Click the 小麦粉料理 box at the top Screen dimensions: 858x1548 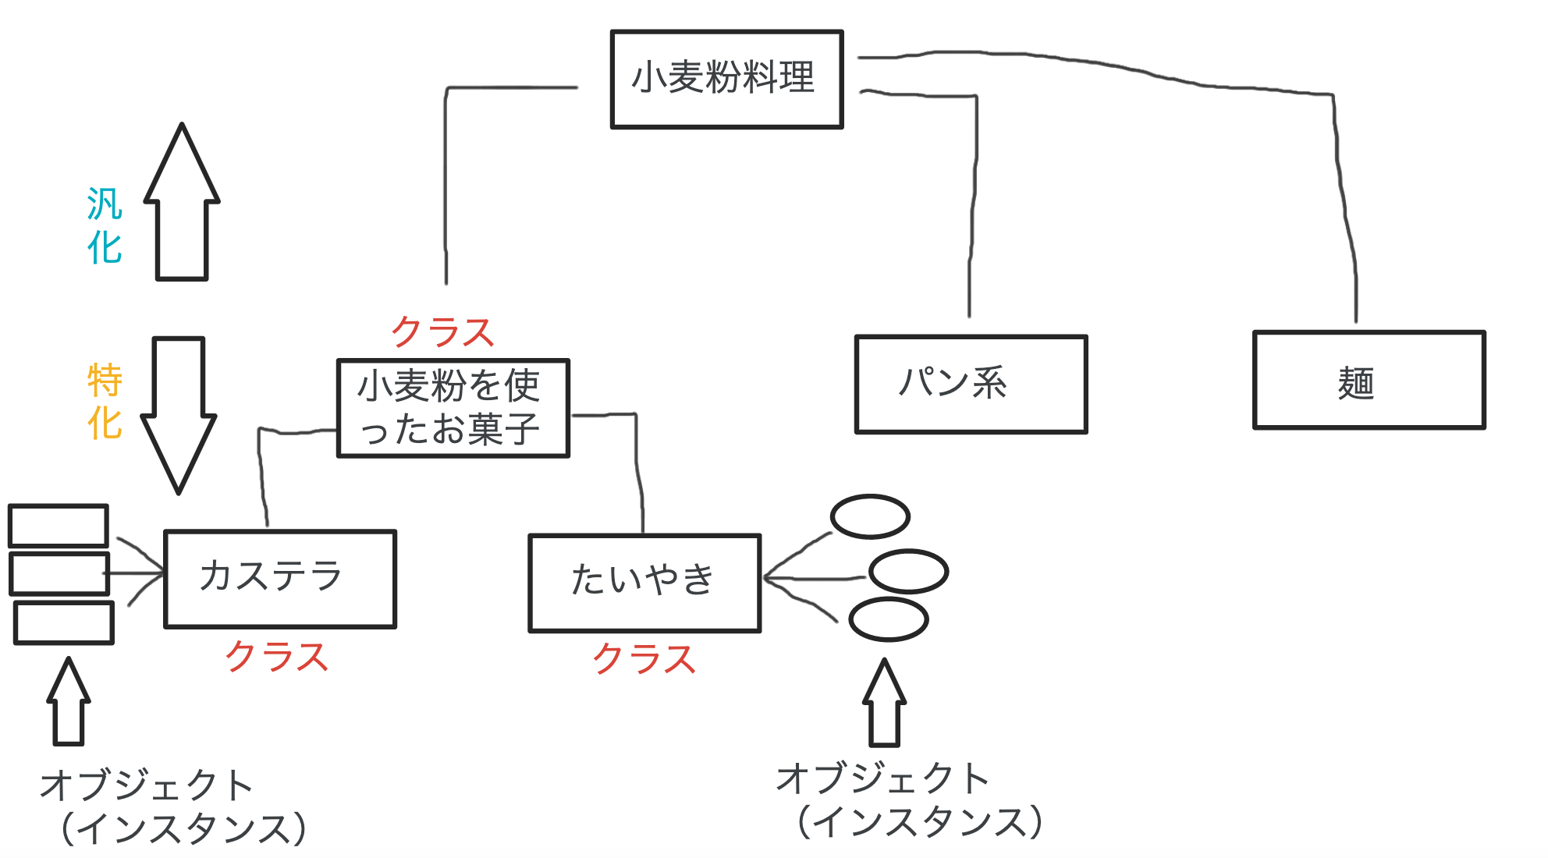(726, 79)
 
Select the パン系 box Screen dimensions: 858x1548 (971, 384)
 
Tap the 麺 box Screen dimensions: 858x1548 (1369, 380)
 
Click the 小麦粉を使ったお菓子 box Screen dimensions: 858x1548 (453, 408)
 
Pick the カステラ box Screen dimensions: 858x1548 (280, 578)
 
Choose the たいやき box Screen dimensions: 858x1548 (644, 582)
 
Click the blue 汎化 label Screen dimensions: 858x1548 (105, 225)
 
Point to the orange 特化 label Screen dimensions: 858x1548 (105, 401)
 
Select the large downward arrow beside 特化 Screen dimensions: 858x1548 (179, 413)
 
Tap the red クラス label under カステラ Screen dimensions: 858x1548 (277, 657)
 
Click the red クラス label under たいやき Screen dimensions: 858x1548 (644, 659)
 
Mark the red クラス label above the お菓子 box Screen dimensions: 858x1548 (442, 333)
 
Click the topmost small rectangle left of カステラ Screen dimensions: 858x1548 (59, 525)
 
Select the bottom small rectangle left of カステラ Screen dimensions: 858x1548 (64, 622)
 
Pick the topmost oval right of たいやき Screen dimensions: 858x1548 (870, 516)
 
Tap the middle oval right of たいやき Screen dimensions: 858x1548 (908, 571)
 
